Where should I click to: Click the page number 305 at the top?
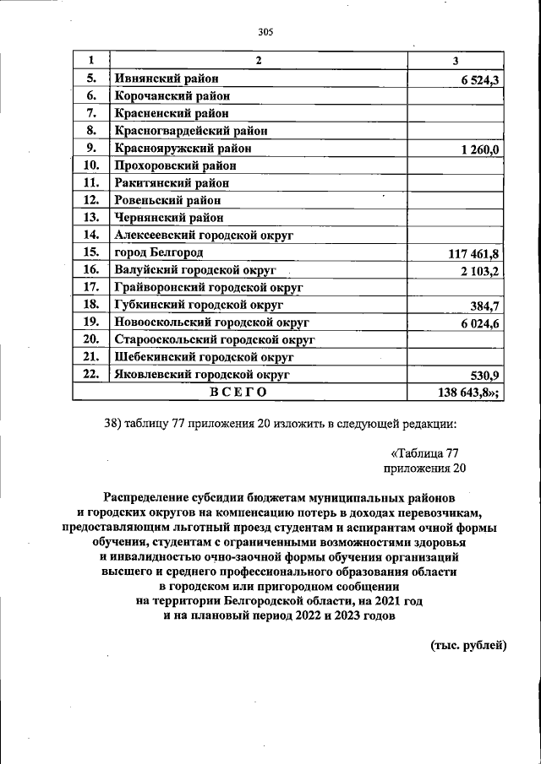tap(269, 33)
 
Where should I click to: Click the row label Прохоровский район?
tap(175, 165)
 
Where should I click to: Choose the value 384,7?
tap(486, 306)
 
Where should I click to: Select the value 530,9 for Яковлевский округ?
tap(486, 375)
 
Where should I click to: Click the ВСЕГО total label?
tap(238, 392)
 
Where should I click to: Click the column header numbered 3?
tap(456, 61)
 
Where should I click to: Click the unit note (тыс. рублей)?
tap(468, 646)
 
